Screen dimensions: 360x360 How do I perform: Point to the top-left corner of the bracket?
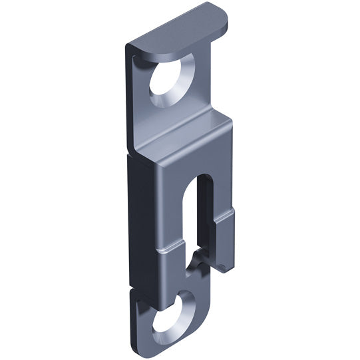tap(128, 48)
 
